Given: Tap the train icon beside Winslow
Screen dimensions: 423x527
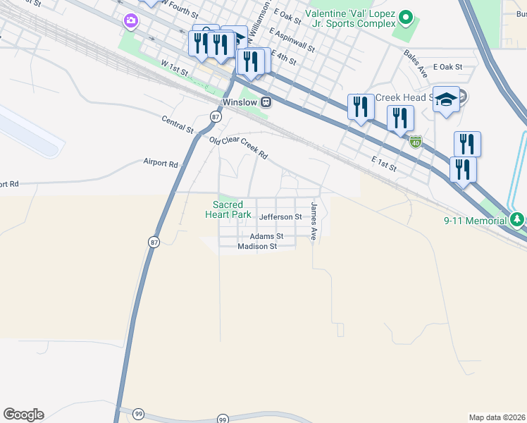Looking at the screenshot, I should pyautogui.click(x=266, y=102).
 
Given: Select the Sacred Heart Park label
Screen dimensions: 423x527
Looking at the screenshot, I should pyautogui.click(x=228, y=209).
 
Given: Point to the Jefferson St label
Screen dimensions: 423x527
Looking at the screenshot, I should pyautogui.click(x=280, y=217).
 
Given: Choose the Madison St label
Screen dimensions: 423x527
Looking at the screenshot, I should pyautogui.click(x=257, y=247).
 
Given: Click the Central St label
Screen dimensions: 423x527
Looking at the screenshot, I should pyautogui.click(x=177, y=125).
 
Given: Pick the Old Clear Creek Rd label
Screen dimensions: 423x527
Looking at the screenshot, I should pyautogui.click(x=239, y=147).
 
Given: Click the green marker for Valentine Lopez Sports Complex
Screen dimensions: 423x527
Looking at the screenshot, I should pyautogui.click(x=405, y=17).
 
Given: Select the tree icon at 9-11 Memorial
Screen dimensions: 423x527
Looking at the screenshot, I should pyautogui.click(x=518, y=220).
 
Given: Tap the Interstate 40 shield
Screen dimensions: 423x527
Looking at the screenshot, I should pyautogui.click(x=416, y=142).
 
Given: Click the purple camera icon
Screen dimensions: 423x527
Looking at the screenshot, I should pyautogui.click(x=130, y=20).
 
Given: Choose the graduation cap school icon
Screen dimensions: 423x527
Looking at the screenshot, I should pyautogui.click(x=447, y=99).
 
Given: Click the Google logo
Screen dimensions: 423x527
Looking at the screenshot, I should pyautogui.click(x=23, y=415).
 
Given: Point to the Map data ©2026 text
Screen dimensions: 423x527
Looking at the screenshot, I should pyautogui.click(x=497, y=417).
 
